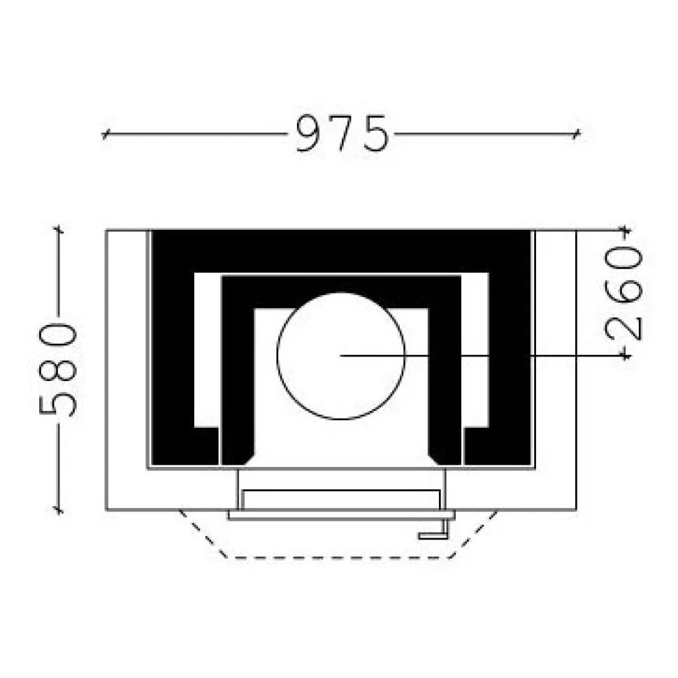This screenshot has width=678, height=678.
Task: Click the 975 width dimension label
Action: tap(342, 134)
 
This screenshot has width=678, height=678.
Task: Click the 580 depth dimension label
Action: tap(58, 370)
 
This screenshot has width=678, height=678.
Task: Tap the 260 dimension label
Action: tap(623, 294)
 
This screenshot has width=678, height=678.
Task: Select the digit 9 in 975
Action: tap(310, 134)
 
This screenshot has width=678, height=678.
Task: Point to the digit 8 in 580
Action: tap(58, 370)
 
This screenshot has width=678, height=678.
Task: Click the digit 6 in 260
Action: tap(623, 293)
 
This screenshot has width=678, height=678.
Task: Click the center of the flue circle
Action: tap(340, 356)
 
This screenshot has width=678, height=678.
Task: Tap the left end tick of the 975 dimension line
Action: tap(104, 134)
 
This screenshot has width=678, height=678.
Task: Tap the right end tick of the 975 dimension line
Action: tap(576, 134)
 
